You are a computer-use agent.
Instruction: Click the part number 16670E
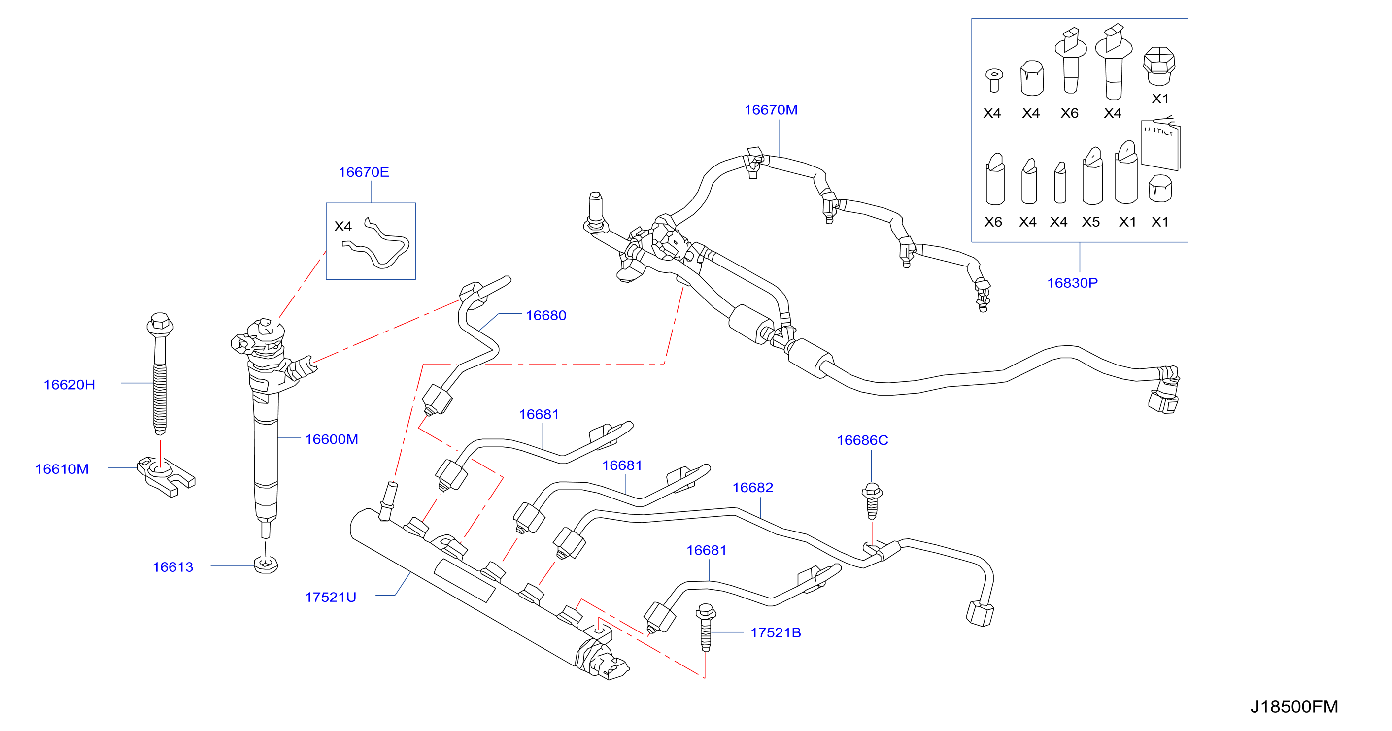[x=363, y=172]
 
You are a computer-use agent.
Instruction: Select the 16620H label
[x=69, y=385]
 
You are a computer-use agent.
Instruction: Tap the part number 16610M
[x=62, y=469]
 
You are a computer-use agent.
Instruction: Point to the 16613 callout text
[x=173, y=567]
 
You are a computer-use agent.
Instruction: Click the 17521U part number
[x=330, y=597]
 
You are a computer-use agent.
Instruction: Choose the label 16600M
[x=331, y=439]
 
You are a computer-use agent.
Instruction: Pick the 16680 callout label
[x=546, y=316]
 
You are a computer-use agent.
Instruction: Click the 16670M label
[x=771, y=110]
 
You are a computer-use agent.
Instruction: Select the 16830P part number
[x=1072, y=283]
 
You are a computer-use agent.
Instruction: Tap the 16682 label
[x=752, y=488]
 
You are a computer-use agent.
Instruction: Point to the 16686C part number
[x=862, y=440]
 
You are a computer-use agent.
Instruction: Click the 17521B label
[x=776, y=632]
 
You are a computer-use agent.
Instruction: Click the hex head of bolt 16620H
[x=160, y=323]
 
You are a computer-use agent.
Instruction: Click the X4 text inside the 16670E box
[x=343, y=227]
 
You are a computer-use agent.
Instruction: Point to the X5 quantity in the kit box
[x=1090, y=222]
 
